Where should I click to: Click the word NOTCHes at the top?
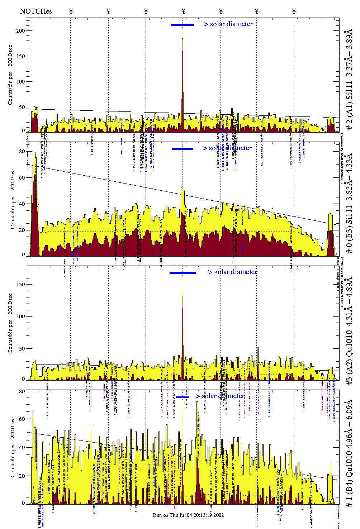tap(36, 11)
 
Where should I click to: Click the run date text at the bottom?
tap(188, 515)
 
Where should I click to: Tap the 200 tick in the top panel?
tap(21, 31)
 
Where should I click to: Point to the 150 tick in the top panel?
tap(21, 56)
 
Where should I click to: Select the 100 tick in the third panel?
tap(21, 316)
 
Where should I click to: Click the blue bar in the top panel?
tap(183, 25)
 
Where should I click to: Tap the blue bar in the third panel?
tap(183, 273)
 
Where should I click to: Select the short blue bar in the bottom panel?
tap(183, 397)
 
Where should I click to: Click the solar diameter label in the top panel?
tap(228, 24)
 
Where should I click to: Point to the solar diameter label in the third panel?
tap(233, 272)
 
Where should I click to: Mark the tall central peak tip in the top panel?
tap(183, 29)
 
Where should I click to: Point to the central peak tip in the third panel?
tap(183, 276)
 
